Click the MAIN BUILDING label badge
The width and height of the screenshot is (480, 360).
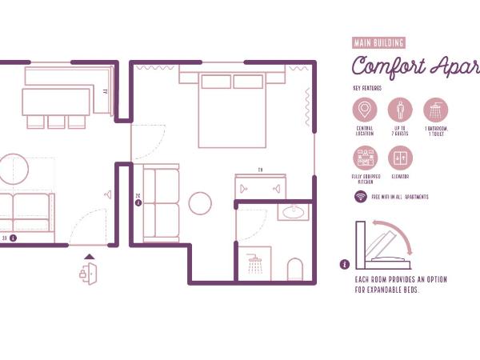(379, 43)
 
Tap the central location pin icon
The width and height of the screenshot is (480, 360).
(365, 110)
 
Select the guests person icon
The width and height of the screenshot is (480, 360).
(401, 110)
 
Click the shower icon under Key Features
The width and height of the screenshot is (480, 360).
(436, 110)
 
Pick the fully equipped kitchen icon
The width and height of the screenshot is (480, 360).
(365, 158)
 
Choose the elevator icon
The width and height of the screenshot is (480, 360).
(401, 158)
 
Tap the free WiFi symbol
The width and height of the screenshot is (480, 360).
(361, 197)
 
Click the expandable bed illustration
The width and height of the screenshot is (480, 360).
(383, 246)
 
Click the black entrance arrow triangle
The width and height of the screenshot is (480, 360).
(89, 258)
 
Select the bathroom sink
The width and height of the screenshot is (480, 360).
(293, 212)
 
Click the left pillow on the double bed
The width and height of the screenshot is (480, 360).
(216, 82)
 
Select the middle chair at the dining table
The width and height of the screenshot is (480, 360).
(56, 122)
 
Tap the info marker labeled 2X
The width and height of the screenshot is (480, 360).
(138, 202)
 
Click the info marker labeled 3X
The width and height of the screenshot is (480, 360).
(14, 238)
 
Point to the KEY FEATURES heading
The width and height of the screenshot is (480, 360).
(368, 88)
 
